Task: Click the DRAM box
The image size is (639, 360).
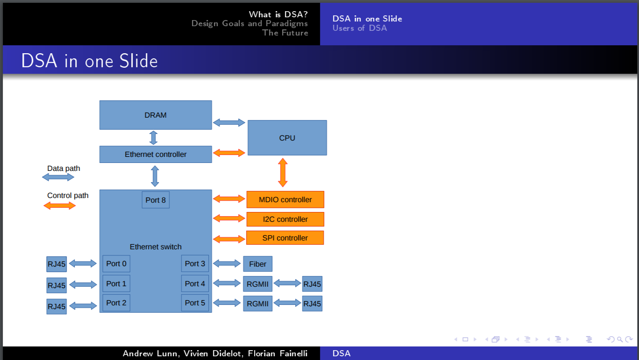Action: [156, 115]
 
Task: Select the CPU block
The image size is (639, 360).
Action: [287, 138]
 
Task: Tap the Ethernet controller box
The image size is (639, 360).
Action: [156, 155]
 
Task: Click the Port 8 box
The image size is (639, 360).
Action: [156, 200]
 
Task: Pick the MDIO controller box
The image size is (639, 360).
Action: [285, 199]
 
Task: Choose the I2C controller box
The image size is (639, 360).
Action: [285, 219]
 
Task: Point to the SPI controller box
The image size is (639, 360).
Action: [285, 238]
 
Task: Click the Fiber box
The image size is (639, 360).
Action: [257, 264]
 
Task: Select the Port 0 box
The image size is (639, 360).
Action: [116, 264]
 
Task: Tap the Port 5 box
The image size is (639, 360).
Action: [195, 303]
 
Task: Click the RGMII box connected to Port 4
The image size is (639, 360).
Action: [257, 284]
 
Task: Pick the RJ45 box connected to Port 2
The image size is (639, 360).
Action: [57, 306]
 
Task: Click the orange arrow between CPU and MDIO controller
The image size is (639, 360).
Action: [283, 173]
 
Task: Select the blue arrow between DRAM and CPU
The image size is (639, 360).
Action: [229, 123]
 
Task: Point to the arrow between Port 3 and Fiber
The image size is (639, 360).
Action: [227, 263]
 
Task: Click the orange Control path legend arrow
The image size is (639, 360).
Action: [60, 205]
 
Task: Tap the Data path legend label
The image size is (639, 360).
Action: [64, 168]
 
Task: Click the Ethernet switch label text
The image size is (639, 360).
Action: [156, 247]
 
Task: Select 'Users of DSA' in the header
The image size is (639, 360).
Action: [360, 28]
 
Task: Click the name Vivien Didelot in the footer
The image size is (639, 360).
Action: [212, 353]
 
